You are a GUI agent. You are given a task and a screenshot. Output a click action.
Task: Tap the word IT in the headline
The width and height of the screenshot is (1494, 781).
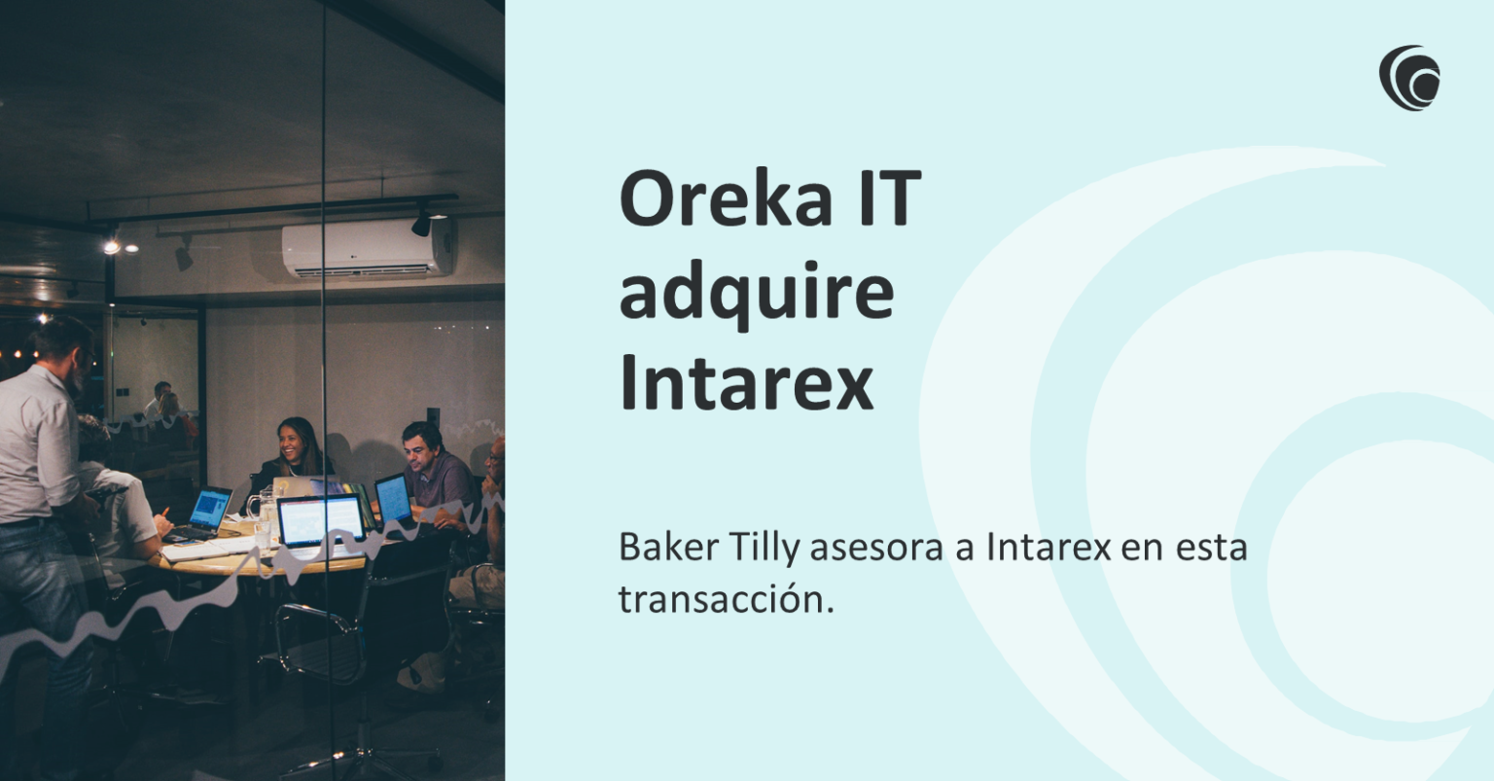coord(888,198)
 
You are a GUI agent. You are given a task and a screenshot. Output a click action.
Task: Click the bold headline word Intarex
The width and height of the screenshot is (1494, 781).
coord(746,383)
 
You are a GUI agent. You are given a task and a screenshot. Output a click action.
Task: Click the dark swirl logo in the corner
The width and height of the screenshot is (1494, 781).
coord(1409,78)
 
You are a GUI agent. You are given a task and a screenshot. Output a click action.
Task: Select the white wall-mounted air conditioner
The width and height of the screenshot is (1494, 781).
coord(368,247)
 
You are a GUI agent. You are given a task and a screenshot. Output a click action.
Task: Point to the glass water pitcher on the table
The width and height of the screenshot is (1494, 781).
coord(262,506)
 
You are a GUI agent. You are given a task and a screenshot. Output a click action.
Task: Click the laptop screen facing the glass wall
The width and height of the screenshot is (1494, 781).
coord(320,519)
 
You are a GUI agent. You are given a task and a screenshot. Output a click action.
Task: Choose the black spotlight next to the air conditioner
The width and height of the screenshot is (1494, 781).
coord(421,224)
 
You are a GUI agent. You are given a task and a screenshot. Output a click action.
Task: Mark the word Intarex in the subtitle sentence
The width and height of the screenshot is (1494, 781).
coord(1048,548)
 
